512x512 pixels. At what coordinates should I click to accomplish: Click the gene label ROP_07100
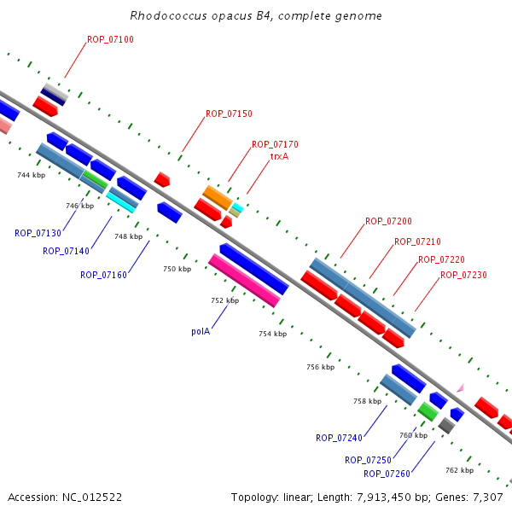[110, 39]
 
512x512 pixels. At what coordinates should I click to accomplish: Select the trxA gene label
[280, 156]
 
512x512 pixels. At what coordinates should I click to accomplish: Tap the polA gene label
[201, 331]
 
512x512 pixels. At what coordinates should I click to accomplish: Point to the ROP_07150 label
[229, 113]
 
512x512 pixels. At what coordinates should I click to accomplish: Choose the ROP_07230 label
[463, 275]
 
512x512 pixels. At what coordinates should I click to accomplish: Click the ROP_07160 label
[103, 275]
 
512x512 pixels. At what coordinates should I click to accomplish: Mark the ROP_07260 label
[387, 474]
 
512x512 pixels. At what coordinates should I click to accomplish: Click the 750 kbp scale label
[177, 269]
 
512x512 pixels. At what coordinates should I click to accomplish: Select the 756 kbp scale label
[321, 367]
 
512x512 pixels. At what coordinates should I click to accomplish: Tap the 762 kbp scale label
[460, 470]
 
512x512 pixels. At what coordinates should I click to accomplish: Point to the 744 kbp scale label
[32, 175]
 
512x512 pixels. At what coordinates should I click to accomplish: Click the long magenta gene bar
[244, 281]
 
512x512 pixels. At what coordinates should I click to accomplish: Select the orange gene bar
[218, 198]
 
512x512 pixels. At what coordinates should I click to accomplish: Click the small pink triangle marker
[461, 388]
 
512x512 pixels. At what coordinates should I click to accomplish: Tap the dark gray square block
[446, 426]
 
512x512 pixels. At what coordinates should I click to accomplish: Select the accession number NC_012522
[92, 497]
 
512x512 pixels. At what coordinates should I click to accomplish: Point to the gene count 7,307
[488, 497]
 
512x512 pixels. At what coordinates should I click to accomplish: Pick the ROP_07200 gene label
[388, 221]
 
